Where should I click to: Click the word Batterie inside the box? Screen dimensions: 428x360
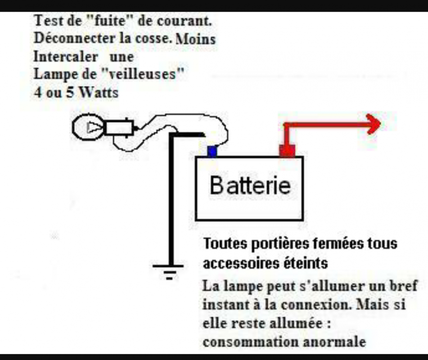(250, 185)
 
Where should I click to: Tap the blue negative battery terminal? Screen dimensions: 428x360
(212, 152)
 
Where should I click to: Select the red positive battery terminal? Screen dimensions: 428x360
(287, 151)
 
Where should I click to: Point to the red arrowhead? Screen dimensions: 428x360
(374, 124)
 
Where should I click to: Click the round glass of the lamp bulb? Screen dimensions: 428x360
(88, 127)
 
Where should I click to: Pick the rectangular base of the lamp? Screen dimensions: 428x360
(119, 128)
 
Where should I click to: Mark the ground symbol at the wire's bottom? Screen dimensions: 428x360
(168, 272)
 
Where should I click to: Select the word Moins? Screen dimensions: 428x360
(195, 39)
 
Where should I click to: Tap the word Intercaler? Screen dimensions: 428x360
(66, 57)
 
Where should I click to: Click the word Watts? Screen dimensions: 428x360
(99, 93)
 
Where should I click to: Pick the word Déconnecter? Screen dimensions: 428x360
(75, 38)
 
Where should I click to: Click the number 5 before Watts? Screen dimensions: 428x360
(70, 93)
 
